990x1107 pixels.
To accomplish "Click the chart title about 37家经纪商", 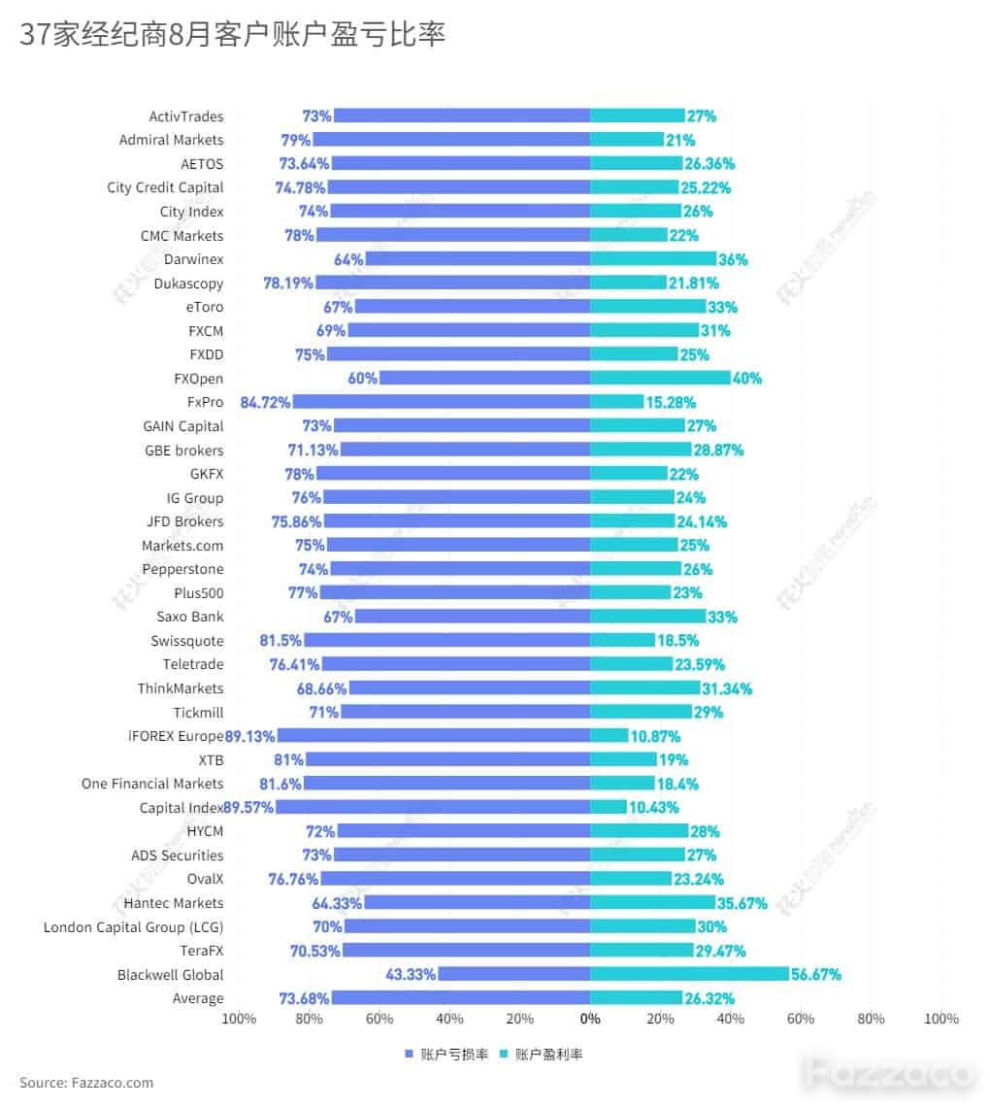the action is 232,34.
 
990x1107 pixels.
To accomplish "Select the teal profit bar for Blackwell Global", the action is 689,974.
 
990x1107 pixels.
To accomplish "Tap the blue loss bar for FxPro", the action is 442,402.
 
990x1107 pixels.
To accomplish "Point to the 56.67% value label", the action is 815,974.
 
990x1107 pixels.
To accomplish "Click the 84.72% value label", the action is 265,402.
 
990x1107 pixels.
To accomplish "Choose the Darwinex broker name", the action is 194,259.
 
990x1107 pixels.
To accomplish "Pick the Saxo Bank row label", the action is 190,617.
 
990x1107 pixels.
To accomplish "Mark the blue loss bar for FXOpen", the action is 484,378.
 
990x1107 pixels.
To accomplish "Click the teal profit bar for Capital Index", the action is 609,807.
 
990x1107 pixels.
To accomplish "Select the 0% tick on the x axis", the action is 590,1019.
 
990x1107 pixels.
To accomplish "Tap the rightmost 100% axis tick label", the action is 941,1019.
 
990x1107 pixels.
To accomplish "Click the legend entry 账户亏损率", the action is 446,1054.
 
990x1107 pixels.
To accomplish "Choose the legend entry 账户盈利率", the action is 542,1054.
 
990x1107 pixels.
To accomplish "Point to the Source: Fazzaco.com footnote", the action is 86,1083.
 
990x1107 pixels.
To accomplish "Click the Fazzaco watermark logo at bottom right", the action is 890,1074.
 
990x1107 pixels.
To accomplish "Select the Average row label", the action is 198,998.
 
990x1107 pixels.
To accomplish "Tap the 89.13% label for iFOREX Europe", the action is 249,736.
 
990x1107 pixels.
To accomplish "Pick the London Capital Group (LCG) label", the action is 133,927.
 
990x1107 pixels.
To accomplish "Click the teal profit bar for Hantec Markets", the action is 652,902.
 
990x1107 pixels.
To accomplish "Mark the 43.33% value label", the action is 411,974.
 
